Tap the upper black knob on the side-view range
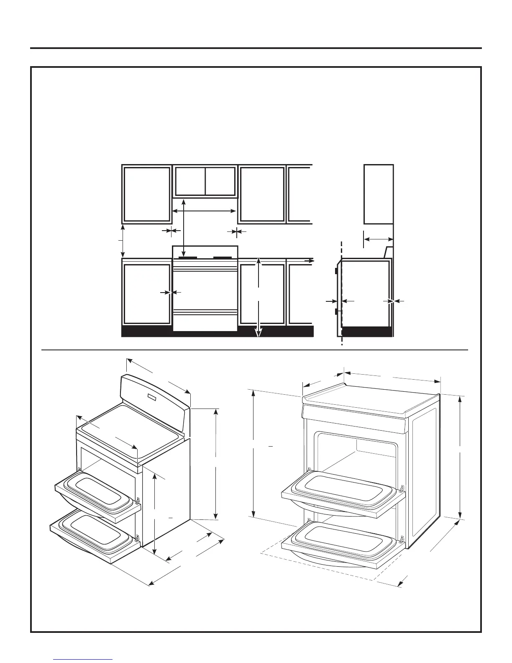336,270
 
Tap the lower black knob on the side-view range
336,311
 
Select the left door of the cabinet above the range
190,181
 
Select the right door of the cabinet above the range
220,181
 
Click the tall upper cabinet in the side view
379,194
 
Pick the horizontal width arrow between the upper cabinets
205,211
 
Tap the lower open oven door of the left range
94,536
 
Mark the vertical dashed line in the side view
342,293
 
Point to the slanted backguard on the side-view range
388,252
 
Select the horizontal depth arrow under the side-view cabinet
378,239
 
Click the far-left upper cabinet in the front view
147,194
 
